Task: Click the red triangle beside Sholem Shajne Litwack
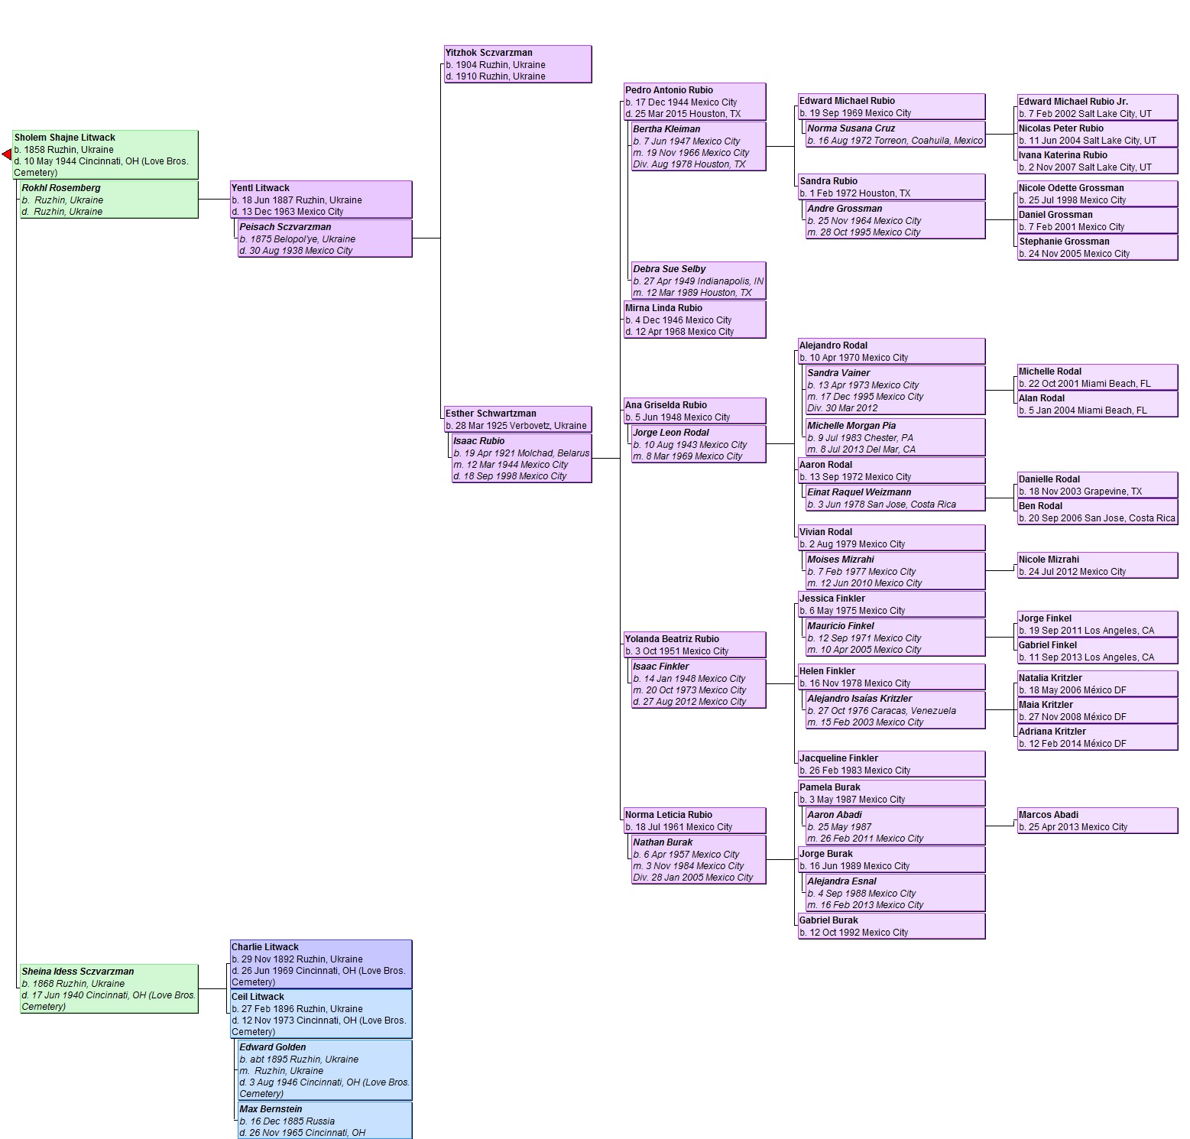pos(8,155)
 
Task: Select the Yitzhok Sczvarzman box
pos(517,64)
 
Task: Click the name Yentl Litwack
pos(261,188)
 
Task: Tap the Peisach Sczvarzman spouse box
pos(325,239)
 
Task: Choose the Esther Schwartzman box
pos(517,419)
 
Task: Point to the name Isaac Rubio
pos(478,441)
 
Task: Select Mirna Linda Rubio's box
pos(695,320)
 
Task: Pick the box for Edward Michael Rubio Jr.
pos(1098,107)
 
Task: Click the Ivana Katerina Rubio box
pos(1098,161)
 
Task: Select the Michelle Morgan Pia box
pos(896,437)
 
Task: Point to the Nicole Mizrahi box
pos(1098,565)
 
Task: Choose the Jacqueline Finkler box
pos(891,764)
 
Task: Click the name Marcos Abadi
pos(1049,815)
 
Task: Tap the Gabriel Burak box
pos(891,926)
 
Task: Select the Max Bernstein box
pos(325,1121)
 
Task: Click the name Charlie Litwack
pos(265,947)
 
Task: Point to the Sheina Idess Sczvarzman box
pos(109,989)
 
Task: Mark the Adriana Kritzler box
pos(1098,737)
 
